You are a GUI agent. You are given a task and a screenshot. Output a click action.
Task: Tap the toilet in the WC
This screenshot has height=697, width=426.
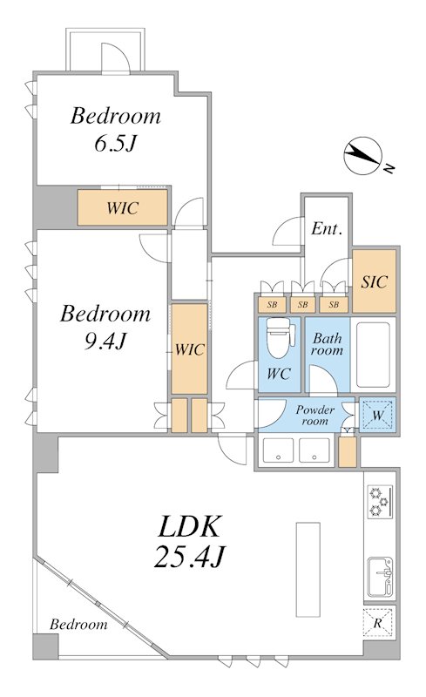pyautogui.click(x=281, y=336)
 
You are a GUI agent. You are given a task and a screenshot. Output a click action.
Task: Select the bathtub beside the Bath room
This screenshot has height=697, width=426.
pyautogui.click(x=373, y=355)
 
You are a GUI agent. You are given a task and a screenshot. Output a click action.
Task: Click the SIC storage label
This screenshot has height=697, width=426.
pyautogui.click(x=374, y=281)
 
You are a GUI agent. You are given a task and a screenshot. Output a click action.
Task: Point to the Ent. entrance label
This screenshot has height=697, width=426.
pyautogui.click(x=327, y=228)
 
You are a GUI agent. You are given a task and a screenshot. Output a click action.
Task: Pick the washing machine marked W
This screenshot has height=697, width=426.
pyautogui.click(x=377, y=416)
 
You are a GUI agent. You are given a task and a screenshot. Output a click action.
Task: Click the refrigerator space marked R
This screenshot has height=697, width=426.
pyautogui.click(x=378, y=623)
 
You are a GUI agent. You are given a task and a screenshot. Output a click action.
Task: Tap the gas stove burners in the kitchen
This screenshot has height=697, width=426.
pyautogui.click(x=380, y=501)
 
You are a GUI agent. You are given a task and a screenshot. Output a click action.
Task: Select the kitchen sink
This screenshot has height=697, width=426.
pyautogui.click(x=380, y=577)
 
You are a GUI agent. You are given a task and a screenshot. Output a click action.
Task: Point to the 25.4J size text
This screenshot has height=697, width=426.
pyautogui.click(x=188, y=557)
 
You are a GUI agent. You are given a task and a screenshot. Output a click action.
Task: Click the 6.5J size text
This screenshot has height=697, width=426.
pyautogui.click(x=114, y=143)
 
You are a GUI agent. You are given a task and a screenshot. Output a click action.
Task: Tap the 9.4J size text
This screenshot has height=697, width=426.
pyautogui.click(x=105, y=341)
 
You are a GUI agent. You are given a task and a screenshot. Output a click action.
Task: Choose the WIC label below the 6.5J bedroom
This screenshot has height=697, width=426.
pyautogui.click(x=122, y=207)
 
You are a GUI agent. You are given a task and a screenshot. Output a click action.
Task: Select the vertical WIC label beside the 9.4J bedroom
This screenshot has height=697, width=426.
pyautogui.click(x=189, y=349)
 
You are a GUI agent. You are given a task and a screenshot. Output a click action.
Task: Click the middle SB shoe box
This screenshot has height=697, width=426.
pyautogui.click(x=303, y=305)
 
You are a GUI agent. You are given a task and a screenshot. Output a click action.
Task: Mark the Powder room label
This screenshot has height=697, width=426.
pyautogui.click(x=315, y=415)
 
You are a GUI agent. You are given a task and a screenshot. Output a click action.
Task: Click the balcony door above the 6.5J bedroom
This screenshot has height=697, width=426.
pyautogui.click(x=116, y=58)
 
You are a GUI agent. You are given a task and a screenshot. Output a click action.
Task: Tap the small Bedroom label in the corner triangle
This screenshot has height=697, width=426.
pyautogui.click(x=78, y=624)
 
